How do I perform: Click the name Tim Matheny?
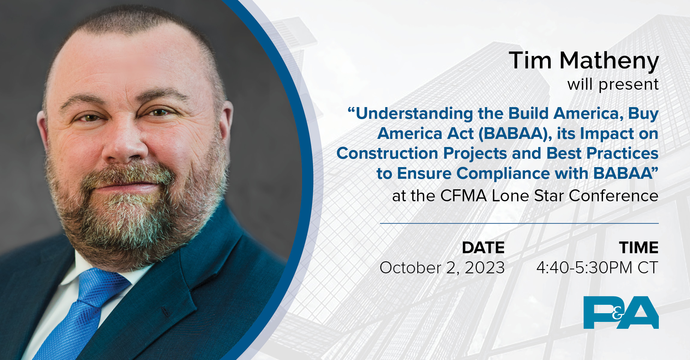click(583, 61)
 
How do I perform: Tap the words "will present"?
click(613, 84)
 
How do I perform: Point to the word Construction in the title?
click(387, 153)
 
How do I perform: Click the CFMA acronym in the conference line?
click(463, 196)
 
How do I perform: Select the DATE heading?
click(483, 248)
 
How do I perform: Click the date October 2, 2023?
click(442, 268)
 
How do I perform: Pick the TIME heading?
click(639, 248)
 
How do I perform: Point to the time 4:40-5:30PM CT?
click(597, 268)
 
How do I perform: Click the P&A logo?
click(621, 312)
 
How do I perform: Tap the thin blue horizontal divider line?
click(519, 223)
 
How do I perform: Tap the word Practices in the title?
click(622, 153)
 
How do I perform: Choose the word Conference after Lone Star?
click(613, 196)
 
